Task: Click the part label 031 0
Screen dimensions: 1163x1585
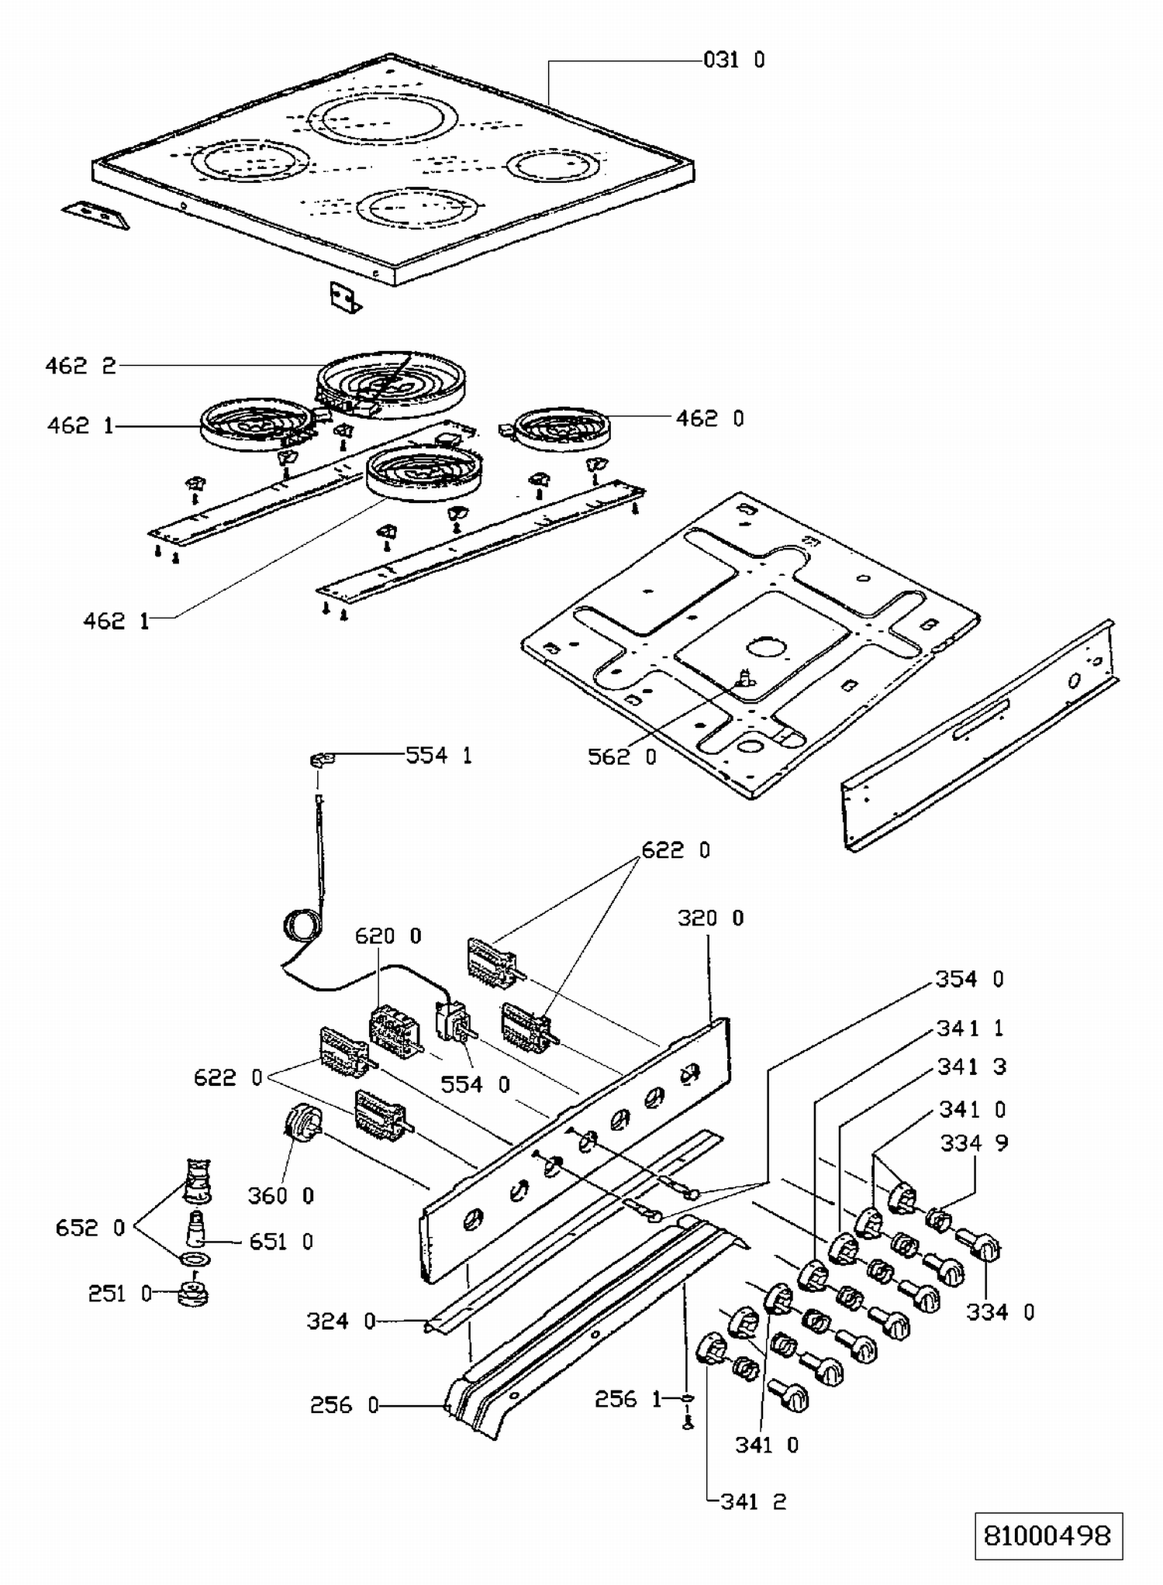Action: coord(733,60)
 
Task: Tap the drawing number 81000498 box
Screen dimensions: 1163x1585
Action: coord(1048,1535)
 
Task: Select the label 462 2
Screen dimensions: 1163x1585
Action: coord(81,366)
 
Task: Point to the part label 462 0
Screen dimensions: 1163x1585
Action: coord(709,419)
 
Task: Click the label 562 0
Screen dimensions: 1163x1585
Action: coord(622,756)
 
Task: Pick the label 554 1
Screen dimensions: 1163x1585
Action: coord(439,755)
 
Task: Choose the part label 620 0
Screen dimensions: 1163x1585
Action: coord(388,936)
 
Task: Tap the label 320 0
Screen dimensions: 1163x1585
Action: coord(710,918)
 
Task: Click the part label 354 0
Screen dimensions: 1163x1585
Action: coord(969,979)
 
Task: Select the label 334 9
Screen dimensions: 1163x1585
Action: coord(974,1142)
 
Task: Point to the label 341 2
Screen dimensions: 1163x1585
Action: coord(753,1501)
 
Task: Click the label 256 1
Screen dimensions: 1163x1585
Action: coord(628,1399)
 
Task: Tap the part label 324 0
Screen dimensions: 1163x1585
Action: coord(340,1321)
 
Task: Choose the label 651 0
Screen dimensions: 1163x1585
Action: coord(281,1242)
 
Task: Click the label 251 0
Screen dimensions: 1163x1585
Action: coord(119,1293)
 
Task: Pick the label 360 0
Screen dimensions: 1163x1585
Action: coord(281,1196)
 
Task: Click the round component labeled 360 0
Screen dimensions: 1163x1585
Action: coord(302,1122)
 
